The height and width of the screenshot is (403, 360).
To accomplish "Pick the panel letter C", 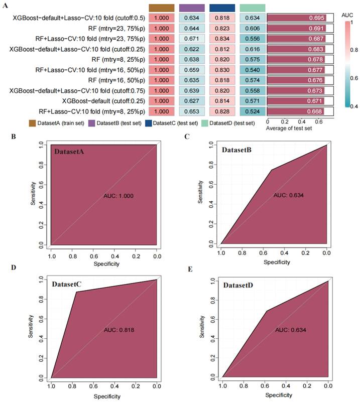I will pos(187,136).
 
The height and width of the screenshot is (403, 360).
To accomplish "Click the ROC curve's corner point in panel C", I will pos(272,170).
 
